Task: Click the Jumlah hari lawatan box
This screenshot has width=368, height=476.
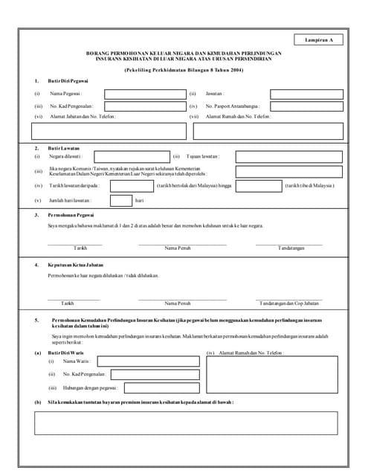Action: (x=121, y=200)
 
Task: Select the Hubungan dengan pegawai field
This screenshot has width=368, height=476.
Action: (x=161, y=387)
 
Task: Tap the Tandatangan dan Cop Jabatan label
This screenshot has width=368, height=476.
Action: (x=288, y=303)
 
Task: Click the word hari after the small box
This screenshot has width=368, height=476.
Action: (x=139, y=201)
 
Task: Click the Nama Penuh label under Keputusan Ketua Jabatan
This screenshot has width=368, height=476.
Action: (x=178, y=303)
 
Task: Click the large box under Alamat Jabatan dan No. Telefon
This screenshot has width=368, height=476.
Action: (x=109, y=131)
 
